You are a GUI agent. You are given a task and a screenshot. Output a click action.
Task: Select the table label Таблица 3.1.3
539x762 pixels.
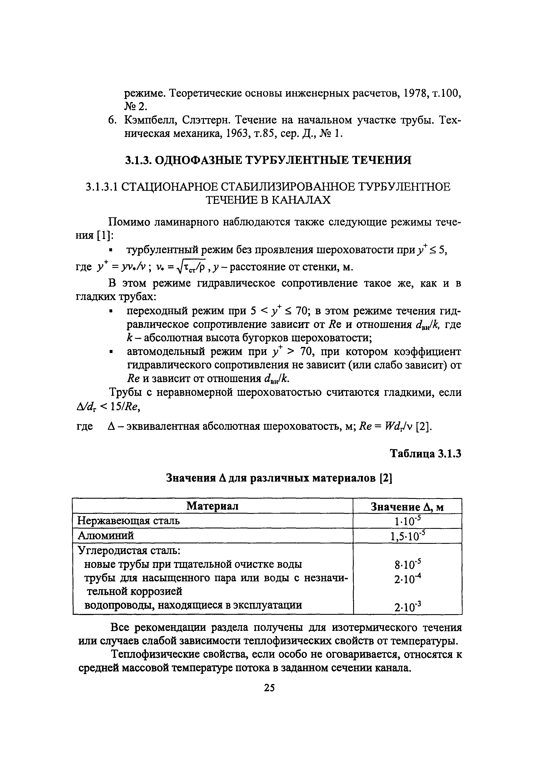point(425,454)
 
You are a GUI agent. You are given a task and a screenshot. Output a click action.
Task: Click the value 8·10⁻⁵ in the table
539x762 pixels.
point(407,564)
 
